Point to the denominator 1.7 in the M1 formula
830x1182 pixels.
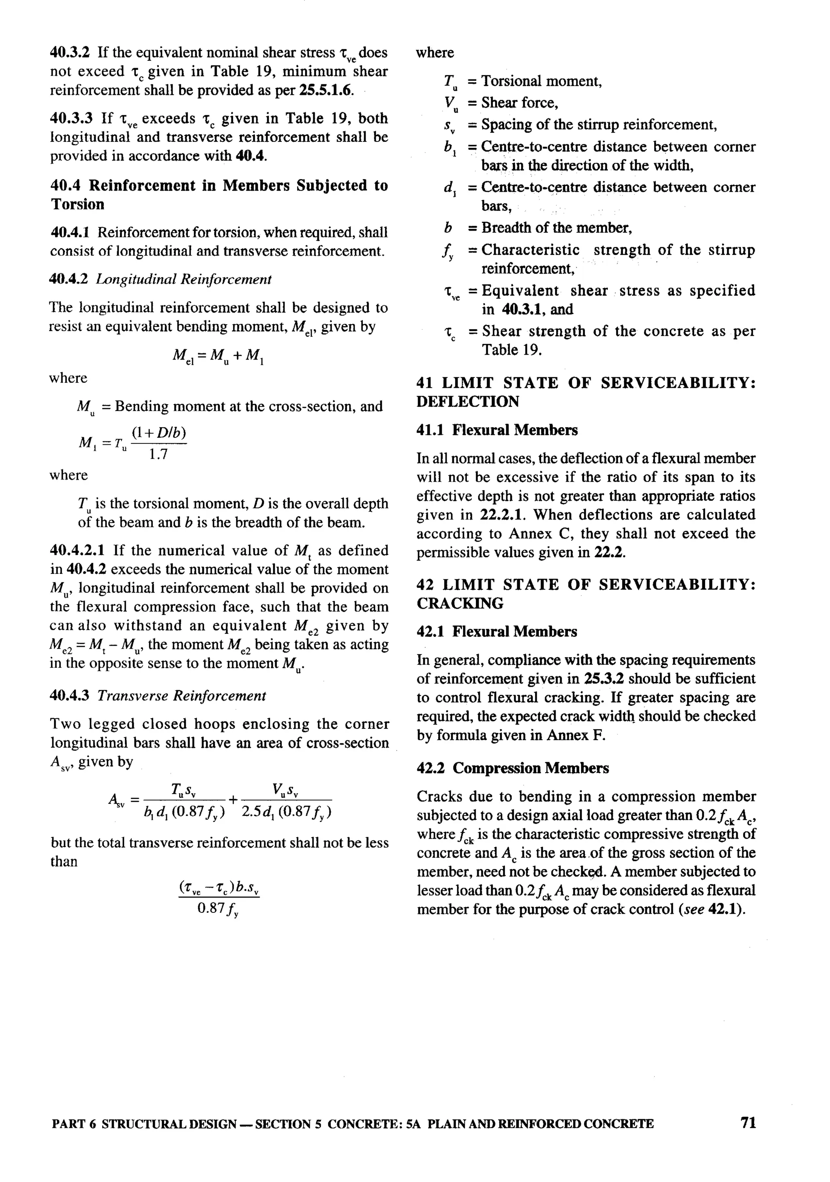[x=158, y=454]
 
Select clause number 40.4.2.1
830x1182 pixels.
[x=77, y=550]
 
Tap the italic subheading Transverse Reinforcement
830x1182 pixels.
[x=182, y=696]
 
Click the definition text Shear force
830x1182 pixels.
[x=520, y=103]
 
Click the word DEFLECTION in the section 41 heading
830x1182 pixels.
[x=468, y=402]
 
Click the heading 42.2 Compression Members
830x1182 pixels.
[x=513, y=768]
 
